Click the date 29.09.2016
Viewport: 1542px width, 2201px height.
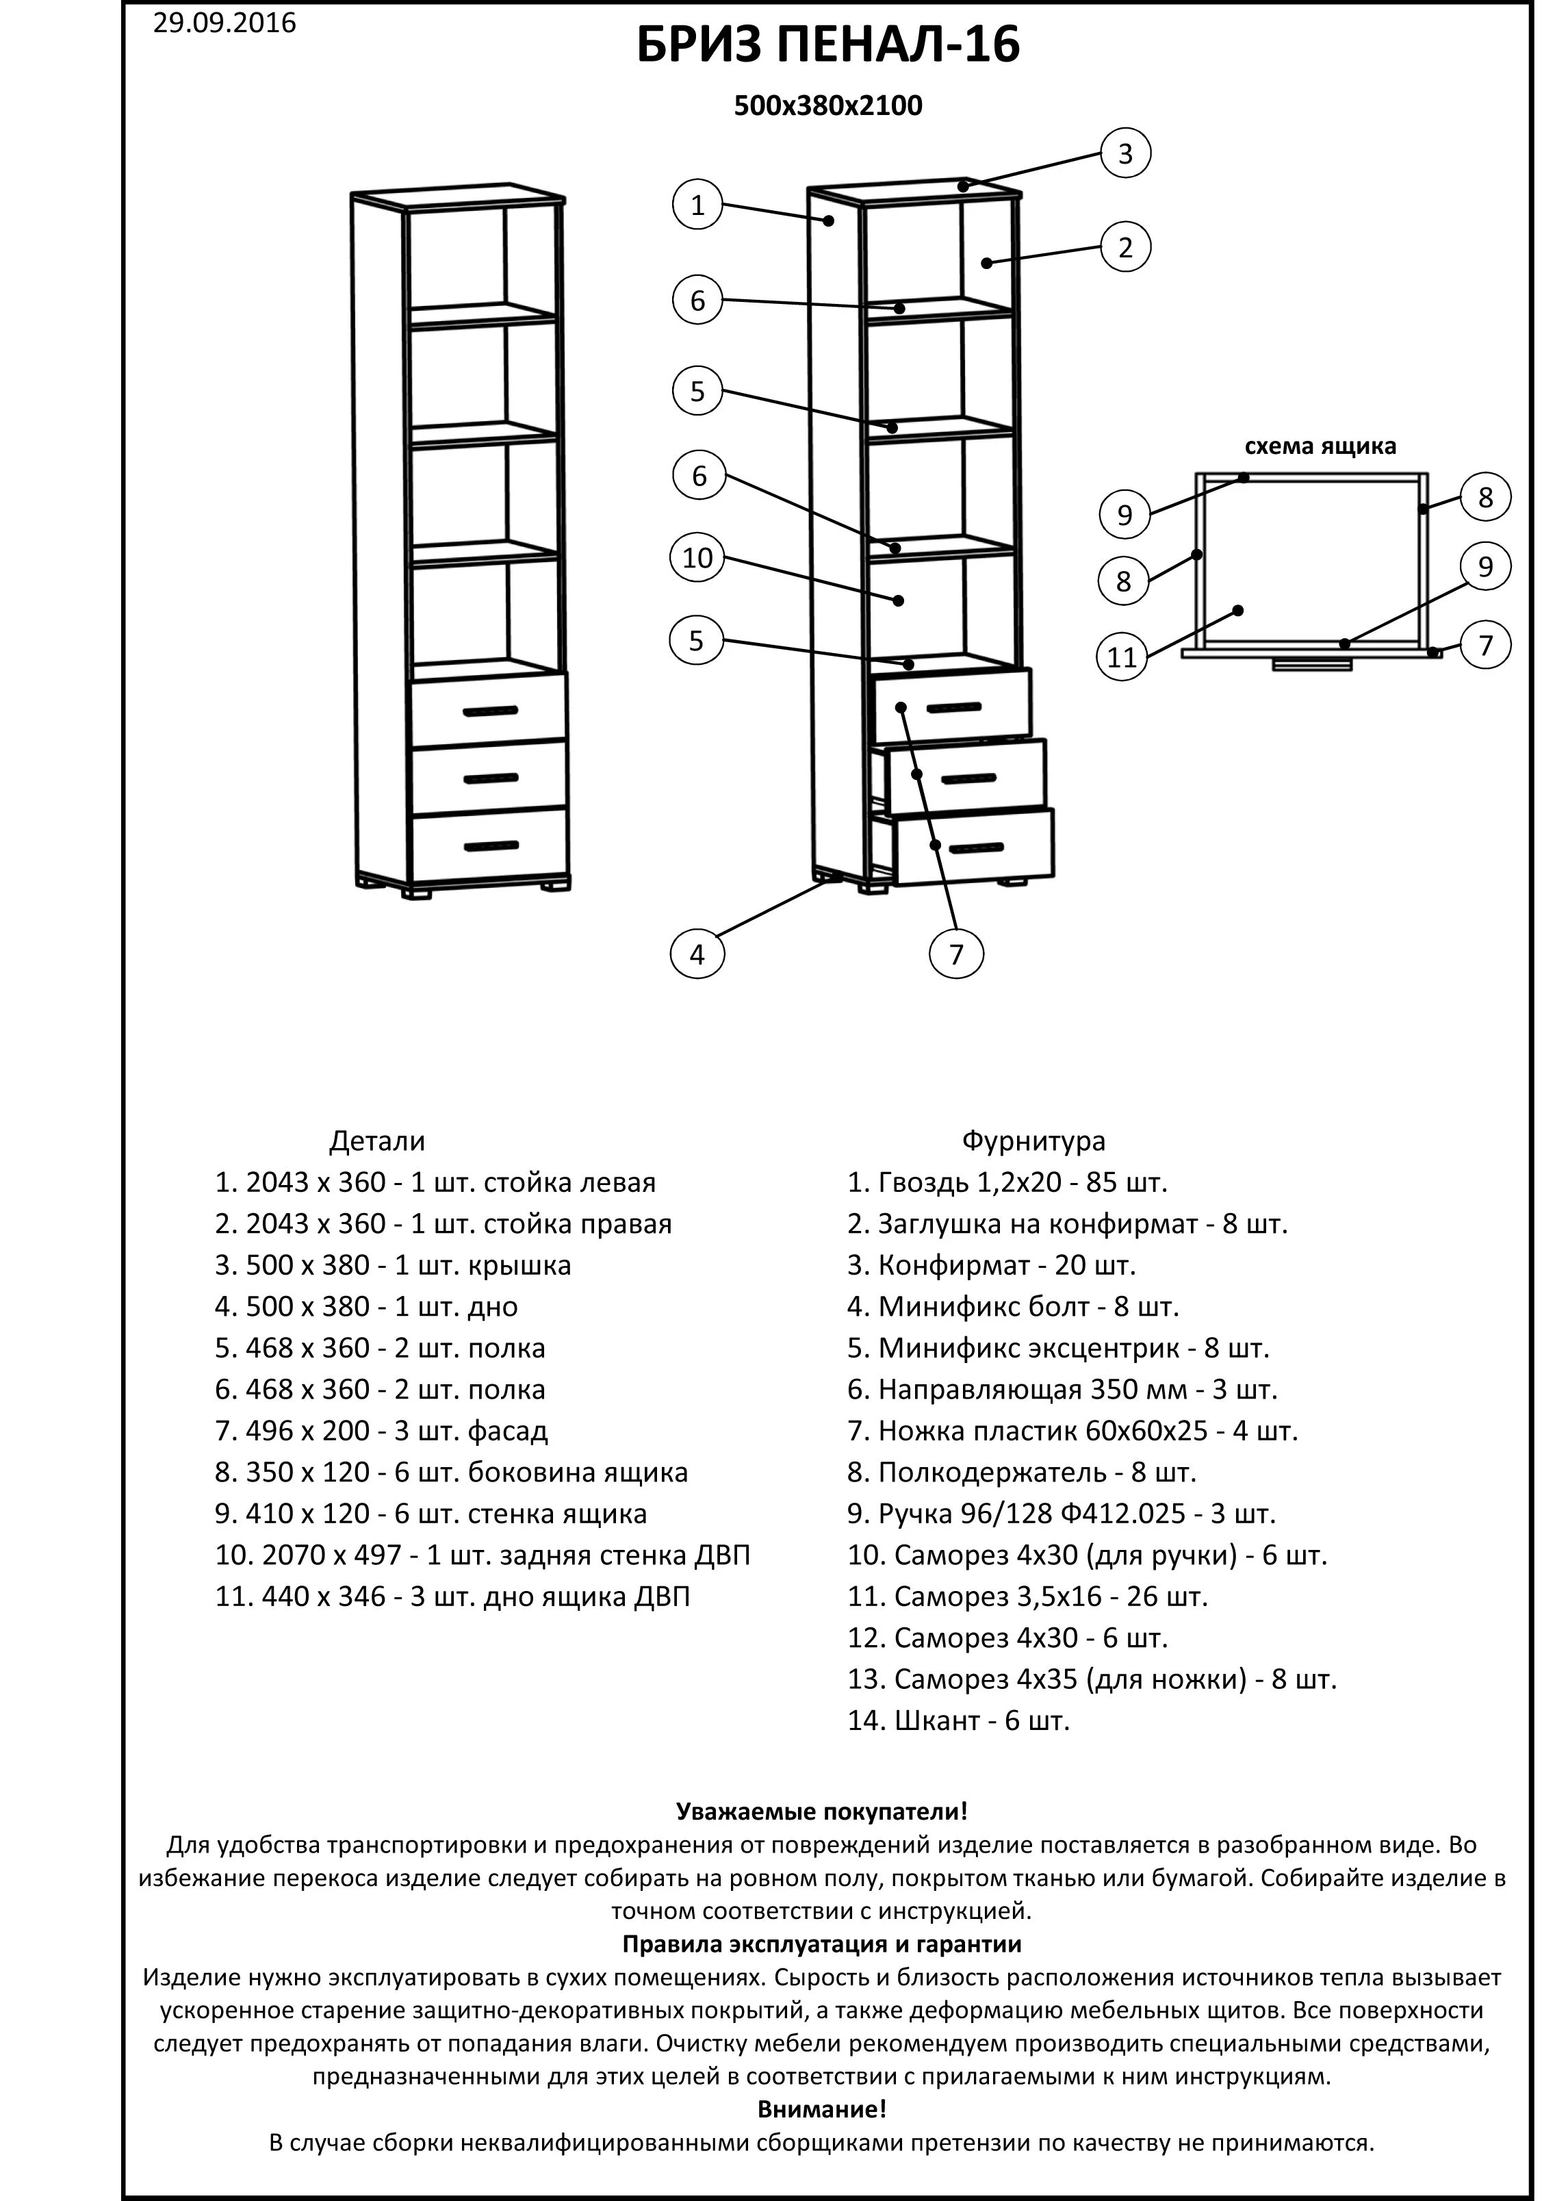(224, 23)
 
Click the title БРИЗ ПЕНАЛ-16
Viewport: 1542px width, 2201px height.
(828, 46)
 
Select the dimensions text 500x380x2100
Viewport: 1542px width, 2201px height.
(828, 105)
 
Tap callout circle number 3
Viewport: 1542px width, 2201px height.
(1125, 153)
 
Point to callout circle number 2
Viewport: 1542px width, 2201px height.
(1125, 247)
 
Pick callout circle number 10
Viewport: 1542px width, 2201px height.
(697, 557)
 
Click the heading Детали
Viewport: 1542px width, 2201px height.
(376, 1141)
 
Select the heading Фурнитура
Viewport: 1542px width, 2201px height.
(1033, 1141)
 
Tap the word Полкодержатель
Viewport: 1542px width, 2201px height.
(987, 1473)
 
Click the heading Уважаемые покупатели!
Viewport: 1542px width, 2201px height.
(821, 1811)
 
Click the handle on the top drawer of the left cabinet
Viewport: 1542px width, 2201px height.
(490, 711)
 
